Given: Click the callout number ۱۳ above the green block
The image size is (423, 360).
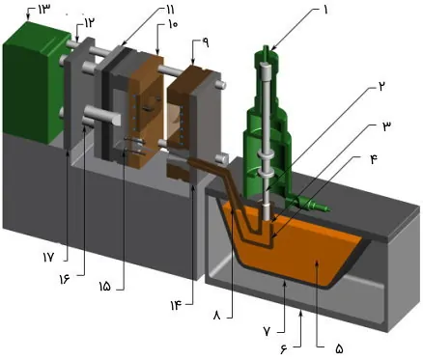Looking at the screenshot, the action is pyautogui.click(x=44, y=10).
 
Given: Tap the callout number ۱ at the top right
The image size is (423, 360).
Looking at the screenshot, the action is pyautogui.click(x=325, y=11).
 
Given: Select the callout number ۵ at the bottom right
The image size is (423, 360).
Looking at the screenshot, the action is pyautogui.click(x=339, y=348).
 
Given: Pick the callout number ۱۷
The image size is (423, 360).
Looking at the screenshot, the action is pyautogui.click(x=48, y=257).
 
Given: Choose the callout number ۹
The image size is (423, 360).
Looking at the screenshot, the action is pyautogui.click(x=206, y=42).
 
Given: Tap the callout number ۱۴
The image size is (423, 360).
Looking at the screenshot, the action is pyautogui.click(x=177, y=305).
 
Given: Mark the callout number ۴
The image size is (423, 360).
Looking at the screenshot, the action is pyautogui.click(x=374, y=159).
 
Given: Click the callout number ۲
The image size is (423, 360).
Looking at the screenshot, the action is pyautogui.click(x=382, y=87).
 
